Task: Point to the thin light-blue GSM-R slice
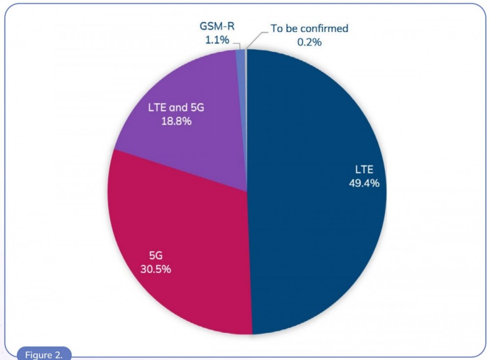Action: pos(241,94)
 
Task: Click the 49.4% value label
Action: pos(364,183)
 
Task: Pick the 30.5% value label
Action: pos(156,269)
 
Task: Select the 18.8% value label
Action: pos(176,121)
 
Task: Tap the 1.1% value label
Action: pos(217,40)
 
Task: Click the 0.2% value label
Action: pos(309,42)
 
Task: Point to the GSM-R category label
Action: pos(217,26)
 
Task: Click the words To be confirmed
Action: pos(309,28)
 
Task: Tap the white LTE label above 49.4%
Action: pos(364,170)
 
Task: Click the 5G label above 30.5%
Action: pos(156,256)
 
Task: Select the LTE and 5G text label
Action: pos(176,107)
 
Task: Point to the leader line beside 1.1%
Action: pos(237,45)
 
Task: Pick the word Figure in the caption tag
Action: pos(39,355)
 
